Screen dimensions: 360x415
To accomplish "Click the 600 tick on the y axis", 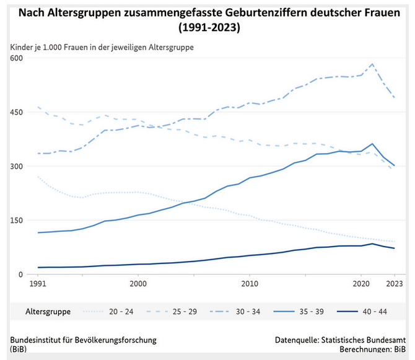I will point(15,58).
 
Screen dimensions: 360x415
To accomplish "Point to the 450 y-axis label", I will point(15,112).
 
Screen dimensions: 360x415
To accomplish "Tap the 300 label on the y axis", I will point(15,166).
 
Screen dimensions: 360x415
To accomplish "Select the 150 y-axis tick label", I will point(15,221).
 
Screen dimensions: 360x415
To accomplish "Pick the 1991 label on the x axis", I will point(38,284).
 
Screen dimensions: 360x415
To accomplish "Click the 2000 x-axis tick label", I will point(138,284).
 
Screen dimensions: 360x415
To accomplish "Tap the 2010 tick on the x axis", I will point(250,284).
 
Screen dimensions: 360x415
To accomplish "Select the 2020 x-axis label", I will point(361,284).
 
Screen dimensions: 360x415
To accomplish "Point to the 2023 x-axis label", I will point(395,284).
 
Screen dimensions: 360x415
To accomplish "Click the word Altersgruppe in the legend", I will point(48,311).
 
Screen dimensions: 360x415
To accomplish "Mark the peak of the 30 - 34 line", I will point(372,64).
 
